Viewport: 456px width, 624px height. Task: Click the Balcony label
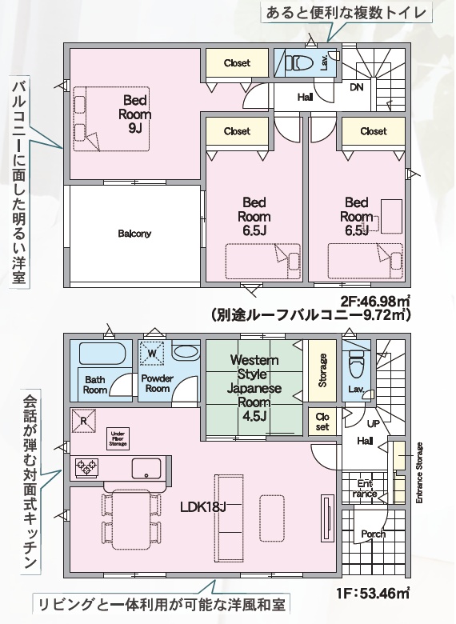point(134,234)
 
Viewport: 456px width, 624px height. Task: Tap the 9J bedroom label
point(135,114)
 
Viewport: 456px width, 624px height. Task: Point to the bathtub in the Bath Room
point(102,353)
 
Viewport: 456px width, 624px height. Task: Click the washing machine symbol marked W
point(153,353)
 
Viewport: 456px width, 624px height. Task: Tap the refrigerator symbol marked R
point(84,421)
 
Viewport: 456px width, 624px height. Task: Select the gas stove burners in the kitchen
point(87,468)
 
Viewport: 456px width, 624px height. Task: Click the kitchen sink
point(146,468)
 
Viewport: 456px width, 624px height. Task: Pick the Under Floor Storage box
point(118,438)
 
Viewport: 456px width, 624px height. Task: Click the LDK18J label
point(203,507)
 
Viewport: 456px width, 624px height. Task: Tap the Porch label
point(374,534)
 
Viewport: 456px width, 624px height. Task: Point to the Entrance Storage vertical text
point(419,473)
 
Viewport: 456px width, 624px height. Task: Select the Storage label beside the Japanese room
point(322,370)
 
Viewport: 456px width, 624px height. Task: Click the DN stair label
point(357,86)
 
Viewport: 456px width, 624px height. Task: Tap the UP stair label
point(374,424)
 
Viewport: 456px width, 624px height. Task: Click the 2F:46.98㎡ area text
point(375,302)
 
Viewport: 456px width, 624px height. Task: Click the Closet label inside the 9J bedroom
point(237,63)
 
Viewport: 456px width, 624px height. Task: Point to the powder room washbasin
point(186,352)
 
